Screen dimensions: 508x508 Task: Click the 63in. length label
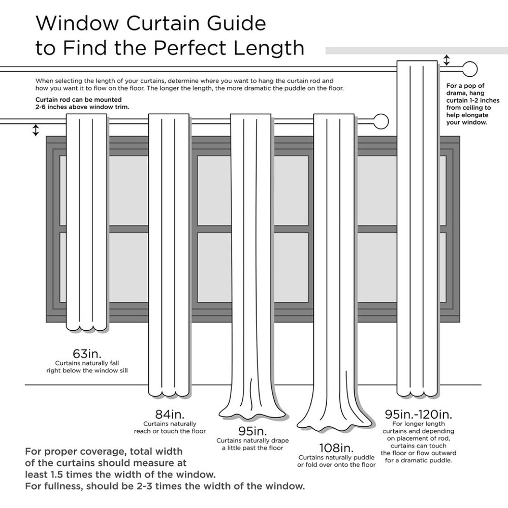click(86, 353)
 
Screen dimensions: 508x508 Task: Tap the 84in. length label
click(169, 413)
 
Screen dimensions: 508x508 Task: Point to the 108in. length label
click(336, 448)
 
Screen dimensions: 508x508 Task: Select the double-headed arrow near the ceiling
click(447, 60)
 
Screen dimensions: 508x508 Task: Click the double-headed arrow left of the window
click(36, 130)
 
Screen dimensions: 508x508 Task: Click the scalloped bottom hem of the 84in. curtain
click(169, 393)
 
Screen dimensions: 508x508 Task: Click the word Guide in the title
click(232, 23)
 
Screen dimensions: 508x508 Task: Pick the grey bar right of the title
click(416, 50)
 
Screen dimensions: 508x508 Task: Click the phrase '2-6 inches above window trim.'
click(82, 107)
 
